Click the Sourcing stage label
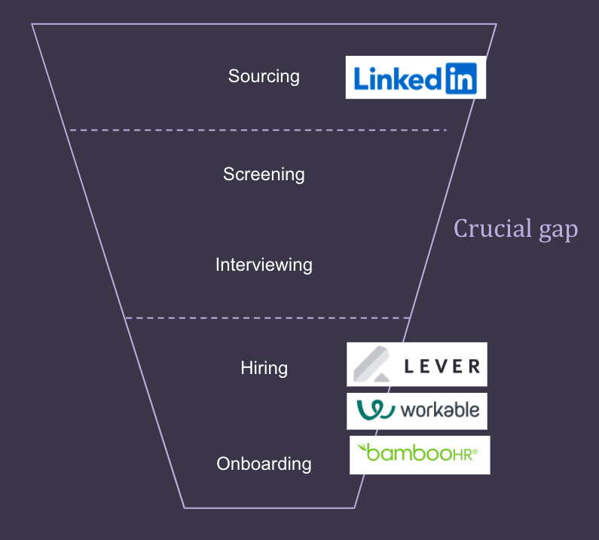pyautogui.click(x=264, y=76)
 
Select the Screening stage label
pyautogui.click(x=264, y=175)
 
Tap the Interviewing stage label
pyautogui.click(x=264, y=265)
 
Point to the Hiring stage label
pyautogui.click(x=264, y=368)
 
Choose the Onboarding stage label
pyautogui.click(x=264, y=464)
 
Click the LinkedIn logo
pyautogui.click(x=416, y=77)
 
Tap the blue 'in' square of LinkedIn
pyautogui.click(x=461, y=78)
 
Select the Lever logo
pyautogui.click(x=417, y=364)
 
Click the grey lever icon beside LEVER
pyautogui.click(x=371, y=364)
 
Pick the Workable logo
pyautogui.click(x=417, y=411)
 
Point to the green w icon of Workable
pyautogui.click(x=375, y=410)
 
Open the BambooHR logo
pyautogui.click(x=420, y=455)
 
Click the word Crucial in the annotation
pyautogui.click(x=493, y=229)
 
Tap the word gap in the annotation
pyautogui.click(x=558, y=231)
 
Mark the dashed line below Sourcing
pyautogui.click(x=258, y=130)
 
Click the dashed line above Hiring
pyautogui.click(x=267, y=318)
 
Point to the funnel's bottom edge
pyautogui.click(x=269, y=508)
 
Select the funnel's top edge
pyautogui.click(x=264, y=24)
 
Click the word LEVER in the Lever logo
pyautogui.click(x=442, y=367)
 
